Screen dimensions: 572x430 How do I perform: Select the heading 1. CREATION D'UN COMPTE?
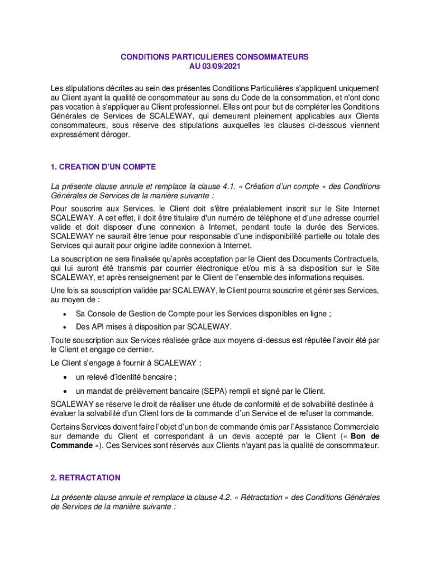click(103, 167)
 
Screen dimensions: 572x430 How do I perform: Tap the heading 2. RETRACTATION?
click(85, 478)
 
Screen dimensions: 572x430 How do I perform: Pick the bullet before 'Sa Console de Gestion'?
click(66, 314)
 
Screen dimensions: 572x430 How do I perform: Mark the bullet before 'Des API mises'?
click(66, 327)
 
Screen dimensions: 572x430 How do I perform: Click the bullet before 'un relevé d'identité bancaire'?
click(66, 378)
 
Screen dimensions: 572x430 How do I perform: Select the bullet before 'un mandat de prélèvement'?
click(66, 391)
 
